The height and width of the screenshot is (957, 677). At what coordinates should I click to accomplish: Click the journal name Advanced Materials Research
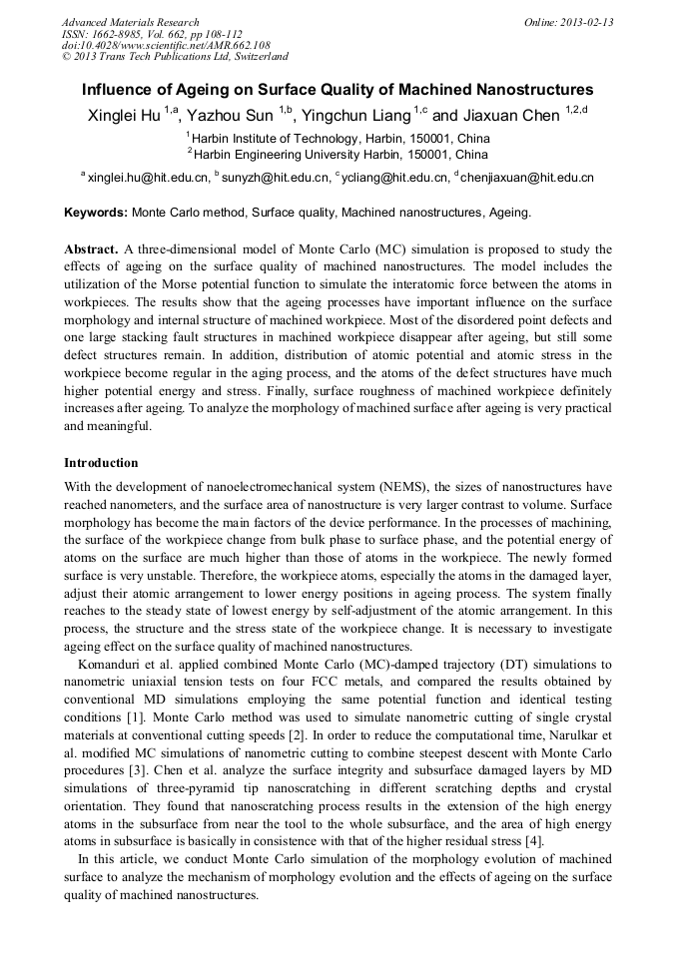click(130, 22)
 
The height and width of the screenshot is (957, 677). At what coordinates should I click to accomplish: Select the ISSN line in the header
click(153, 34)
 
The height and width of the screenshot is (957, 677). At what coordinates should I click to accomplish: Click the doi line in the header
click(165, 45)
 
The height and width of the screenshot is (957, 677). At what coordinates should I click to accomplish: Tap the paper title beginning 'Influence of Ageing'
click(338, 90)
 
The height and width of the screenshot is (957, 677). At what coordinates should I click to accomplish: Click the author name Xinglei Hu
click(123, 116)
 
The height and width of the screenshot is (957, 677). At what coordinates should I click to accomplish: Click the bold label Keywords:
click(96, 213)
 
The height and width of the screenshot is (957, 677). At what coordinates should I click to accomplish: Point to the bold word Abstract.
click(91, 248)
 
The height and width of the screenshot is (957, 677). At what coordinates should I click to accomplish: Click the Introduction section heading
click(101, 463)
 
